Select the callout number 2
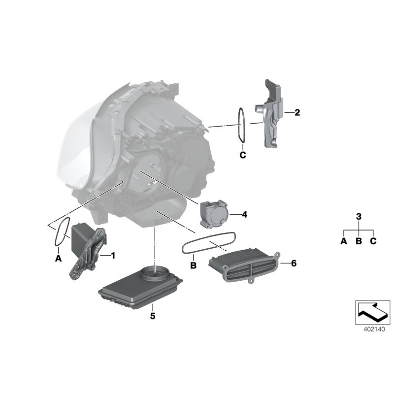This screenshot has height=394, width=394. (297, 113)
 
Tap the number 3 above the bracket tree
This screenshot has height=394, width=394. (359, 216)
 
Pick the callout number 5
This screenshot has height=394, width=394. (153, 316)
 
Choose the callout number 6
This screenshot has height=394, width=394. (294, 263)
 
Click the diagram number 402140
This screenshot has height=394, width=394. (372, 327)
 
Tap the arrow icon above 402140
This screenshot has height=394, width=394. (372, 311)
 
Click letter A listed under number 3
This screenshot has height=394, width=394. (343, 241)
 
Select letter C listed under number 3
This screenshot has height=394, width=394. (373, 241)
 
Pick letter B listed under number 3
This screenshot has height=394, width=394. (359, 241)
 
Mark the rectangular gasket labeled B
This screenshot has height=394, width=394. (209, 243)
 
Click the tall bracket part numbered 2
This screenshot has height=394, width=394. (270, 114)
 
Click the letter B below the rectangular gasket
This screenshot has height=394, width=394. (194, 265)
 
